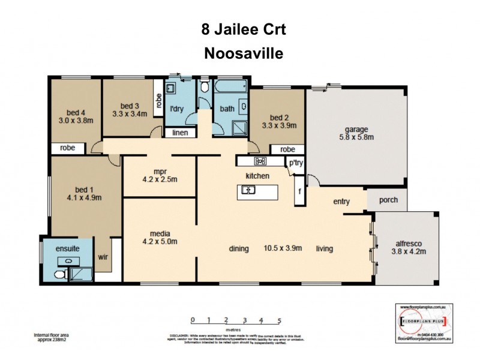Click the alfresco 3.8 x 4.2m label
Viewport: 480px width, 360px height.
410,247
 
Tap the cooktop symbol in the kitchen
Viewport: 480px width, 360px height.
260,161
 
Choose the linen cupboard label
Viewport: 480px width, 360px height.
179,133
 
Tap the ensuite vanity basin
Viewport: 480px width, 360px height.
68,261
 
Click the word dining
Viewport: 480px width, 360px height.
238,248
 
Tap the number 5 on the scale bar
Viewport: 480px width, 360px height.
280,321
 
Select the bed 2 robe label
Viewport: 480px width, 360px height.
287,149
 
